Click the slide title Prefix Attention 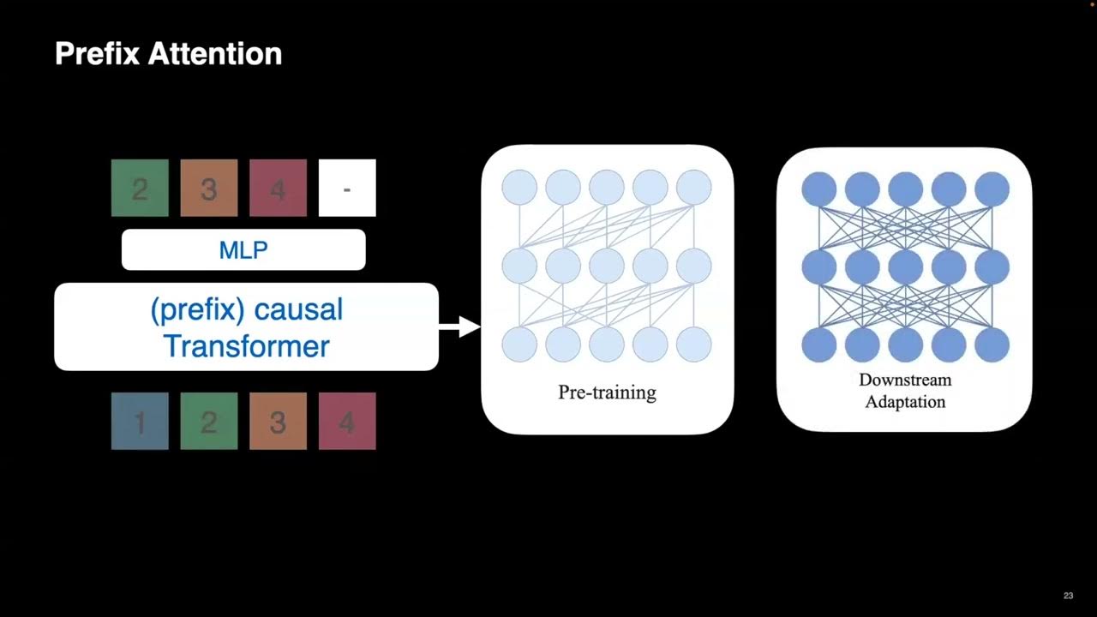(168, 54)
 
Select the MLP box (243, 250)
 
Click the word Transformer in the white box (246, 346)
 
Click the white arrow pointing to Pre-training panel (460, 326)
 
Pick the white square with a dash (347, 188)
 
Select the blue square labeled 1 (140, 422)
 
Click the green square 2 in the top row (140, 188)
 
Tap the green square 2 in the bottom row (208, 422)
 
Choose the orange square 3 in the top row (208, 188)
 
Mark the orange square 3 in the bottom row (278, 422)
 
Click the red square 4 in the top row (278, 188)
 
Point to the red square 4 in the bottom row (347, 422)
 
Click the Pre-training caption (607, 392)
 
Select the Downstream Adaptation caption (905, 391)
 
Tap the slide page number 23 (1068, 596)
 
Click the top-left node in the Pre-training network (519, 188)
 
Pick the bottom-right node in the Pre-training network (693, 344)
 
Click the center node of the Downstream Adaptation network (906, 267)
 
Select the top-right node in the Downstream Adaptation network (992, 189)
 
